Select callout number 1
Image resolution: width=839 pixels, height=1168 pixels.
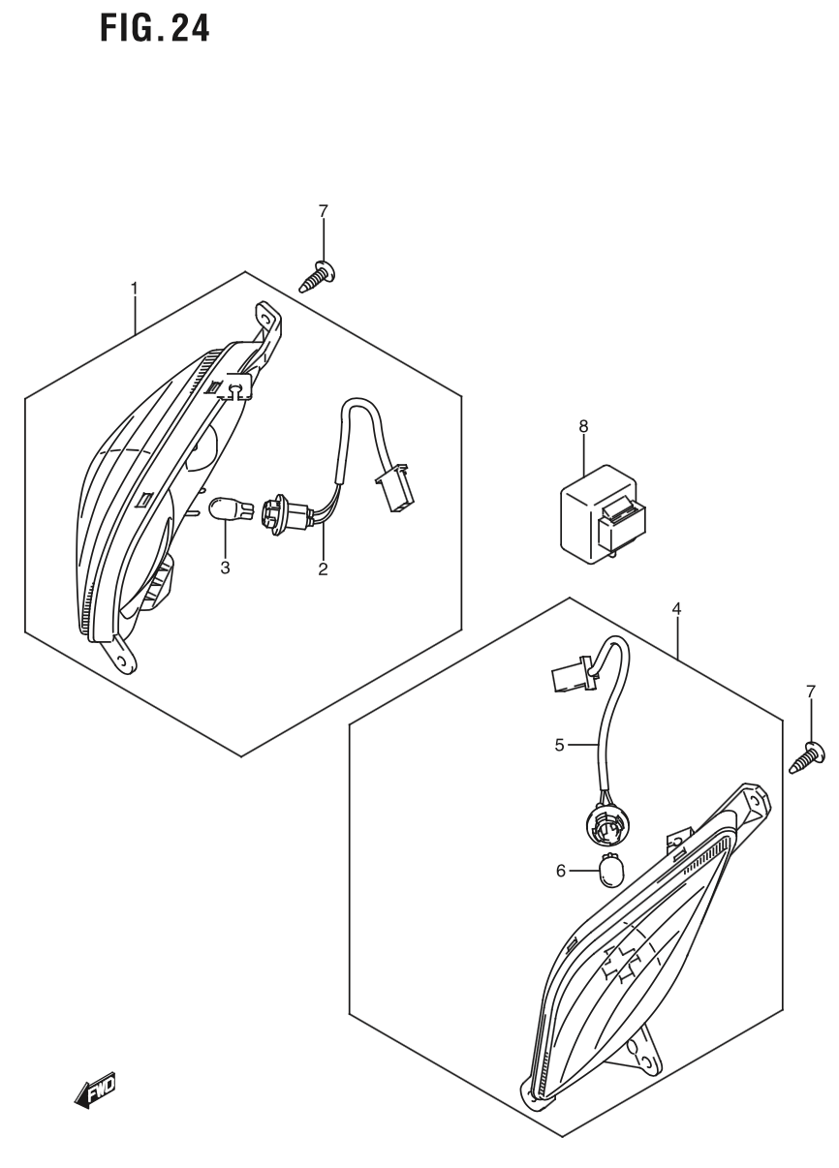coord(134,288)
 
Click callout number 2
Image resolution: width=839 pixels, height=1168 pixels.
coord(323,569)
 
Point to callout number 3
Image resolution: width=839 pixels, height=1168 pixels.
coord(225,568)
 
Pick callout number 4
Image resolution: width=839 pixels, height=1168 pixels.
coord(676,608)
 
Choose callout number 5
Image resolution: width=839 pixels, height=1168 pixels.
coord(559,746)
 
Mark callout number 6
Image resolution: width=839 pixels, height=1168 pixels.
coord(560,871)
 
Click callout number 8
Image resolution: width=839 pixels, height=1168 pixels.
coord(582,425)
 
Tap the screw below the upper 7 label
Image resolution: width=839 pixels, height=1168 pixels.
coord(319,275)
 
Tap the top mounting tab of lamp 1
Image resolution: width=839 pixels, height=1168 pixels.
coord(266,320)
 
